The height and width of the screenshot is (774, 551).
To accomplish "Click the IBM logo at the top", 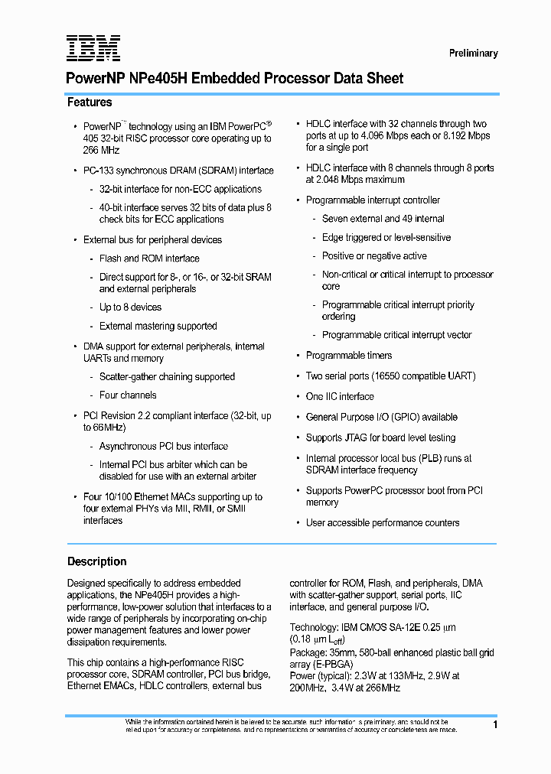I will coord(93,48).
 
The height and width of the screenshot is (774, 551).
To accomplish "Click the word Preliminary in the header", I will coord(473,54).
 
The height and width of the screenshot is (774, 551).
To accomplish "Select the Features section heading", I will coord(90,102).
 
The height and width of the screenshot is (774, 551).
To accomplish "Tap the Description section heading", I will coord(96,561).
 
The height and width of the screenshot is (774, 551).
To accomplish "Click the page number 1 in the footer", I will coord(495,724).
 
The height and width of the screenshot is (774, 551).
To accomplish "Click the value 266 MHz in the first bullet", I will coord(101,151).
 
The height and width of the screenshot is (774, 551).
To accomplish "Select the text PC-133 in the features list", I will coord(98,171).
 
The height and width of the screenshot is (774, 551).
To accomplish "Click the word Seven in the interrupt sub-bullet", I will coord(334,219).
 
